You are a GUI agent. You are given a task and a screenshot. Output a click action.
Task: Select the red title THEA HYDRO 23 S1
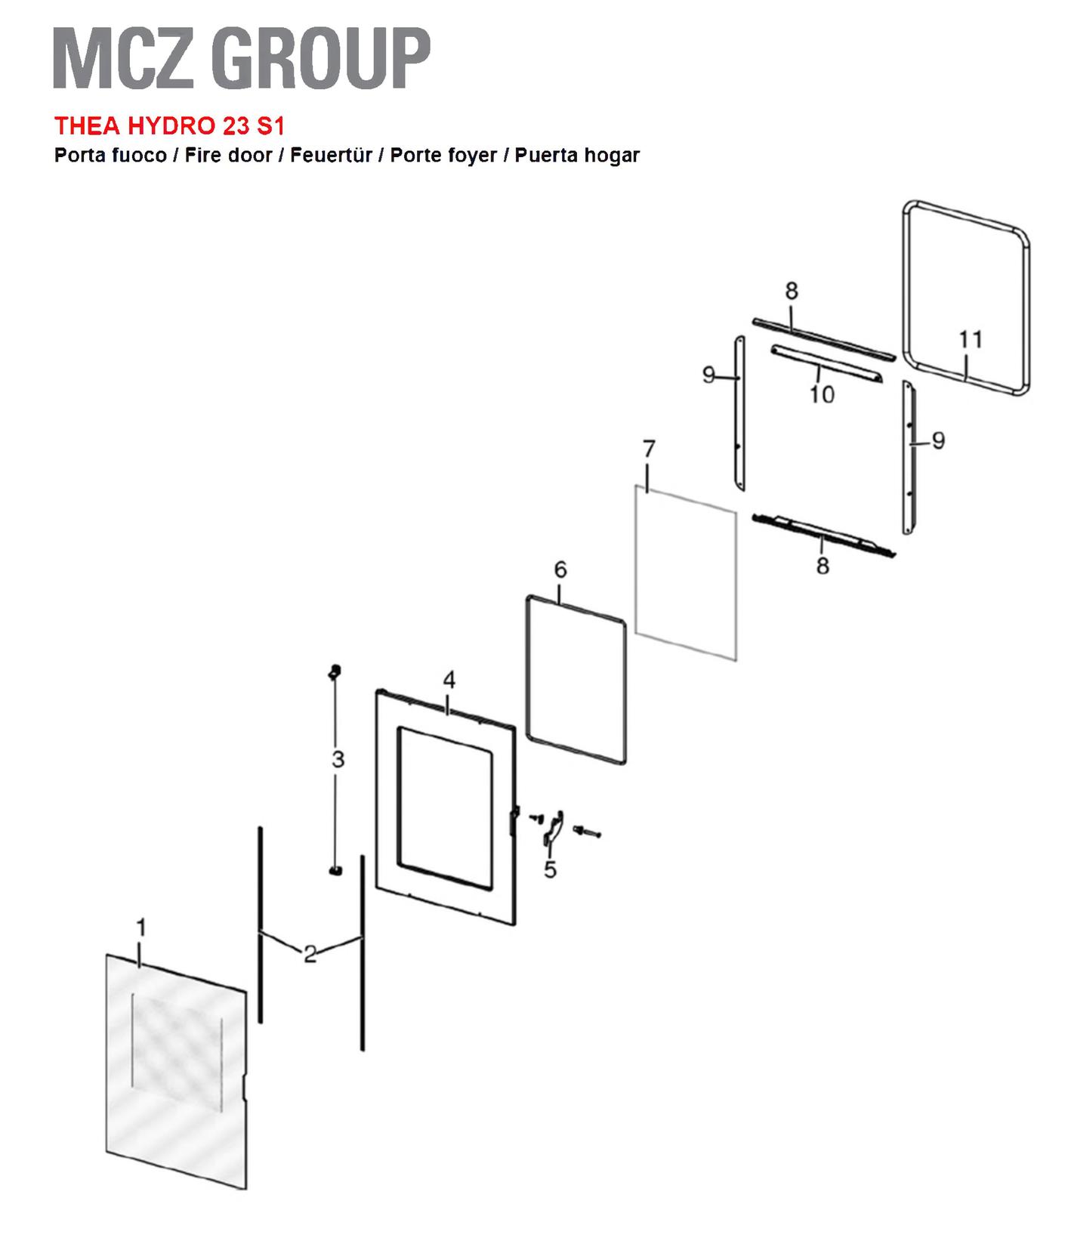(169, 125)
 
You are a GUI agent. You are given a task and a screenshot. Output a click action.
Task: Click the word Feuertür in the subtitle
(331, 156)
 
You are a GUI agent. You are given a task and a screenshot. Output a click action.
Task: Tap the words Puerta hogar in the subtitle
(577, 156)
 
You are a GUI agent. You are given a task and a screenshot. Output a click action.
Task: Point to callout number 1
(140, 927)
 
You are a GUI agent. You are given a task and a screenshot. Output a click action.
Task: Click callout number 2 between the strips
(310, 954)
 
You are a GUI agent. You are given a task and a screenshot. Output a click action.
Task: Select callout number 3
(338, 759)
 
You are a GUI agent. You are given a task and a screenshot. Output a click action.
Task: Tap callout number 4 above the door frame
(449, 680)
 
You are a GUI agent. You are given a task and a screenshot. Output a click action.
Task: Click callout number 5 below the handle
(550, 870)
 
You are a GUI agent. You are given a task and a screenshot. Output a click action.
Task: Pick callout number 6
(560, 569)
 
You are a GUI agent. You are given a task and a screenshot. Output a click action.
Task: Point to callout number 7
(649, 449)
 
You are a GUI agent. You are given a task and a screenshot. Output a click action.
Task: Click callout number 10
(822, 394)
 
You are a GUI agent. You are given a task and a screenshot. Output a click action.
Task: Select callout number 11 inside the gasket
(971, 339)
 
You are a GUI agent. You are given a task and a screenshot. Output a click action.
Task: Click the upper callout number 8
(791, 291)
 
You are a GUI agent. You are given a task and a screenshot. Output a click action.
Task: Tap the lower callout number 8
(823, 565)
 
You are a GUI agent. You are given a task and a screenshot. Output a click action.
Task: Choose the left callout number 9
(708, 375)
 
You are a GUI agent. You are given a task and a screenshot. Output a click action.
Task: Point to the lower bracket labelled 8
(823, 535)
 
